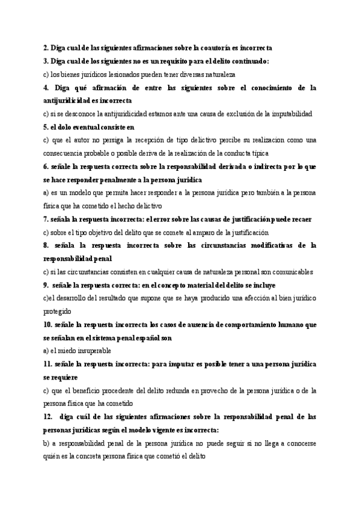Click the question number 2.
pos(46,47)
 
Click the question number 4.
pos(46,87)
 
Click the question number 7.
pos(46,219)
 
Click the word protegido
pos(57,312)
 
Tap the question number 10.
pos(48,325)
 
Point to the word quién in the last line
pos(52,456)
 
